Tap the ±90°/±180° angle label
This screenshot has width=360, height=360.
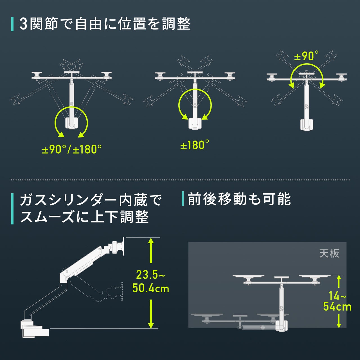point(72,149)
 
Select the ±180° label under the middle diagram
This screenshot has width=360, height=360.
point(195,145)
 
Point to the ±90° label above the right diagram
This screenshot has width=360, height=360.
point(306,56)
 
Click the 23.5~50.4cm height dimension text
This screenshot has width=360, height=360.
point(151,281)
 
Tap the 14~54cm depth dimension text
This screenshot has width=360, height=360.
point(337,301)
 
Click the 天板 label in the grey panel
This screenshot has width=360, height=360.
point(329,253)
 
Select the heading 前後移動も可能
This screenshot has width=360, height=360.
point(239,199)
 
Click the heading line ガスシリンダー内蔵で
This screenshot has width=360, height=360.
point(91,200)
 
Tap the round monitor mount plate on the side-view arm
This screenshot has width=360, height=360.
point(123,246)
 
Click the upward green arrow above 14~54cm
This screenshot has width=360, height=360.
point(339,281)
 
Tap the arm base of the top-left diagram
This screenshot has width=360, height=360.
point(71,123)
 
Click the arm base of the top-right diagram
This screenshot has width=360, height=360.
point(306,124)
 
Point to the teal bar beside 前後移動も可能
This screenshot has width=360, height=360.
point(183,199)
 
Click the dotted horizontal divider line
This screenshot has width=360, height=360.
point(180,180)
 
